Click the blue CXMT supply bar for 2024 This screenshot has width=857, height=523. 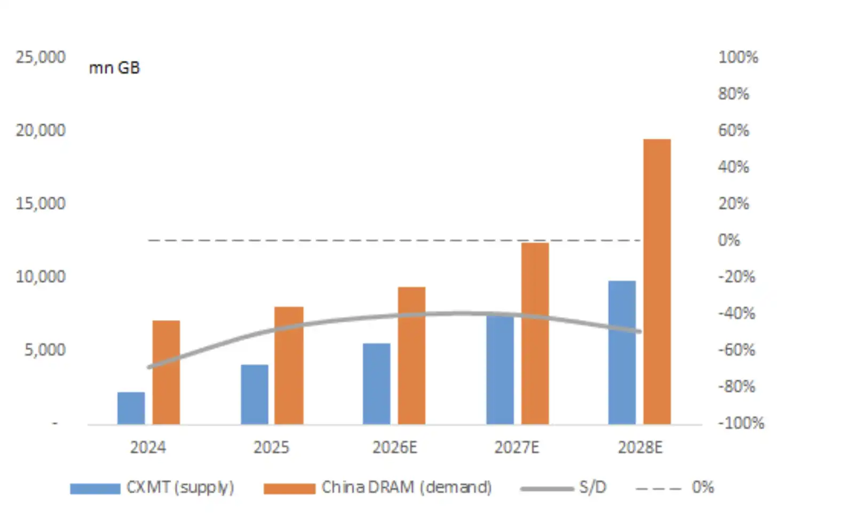(x=131, y=408)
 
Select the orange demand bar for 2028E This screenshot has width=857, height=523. (x=657, y=282)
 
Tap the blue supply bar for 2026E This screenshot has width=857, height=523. (x=376, y=384)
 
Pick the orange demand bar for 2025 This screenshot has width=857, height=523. (x=289, y=366)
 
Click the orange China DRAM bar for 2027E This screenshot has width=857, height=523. (x=535, y=334)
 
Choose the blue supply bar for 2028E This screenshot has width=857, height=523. (x=622, y=353)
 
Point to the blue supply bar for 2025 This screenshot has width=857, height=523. (x=255, y=394)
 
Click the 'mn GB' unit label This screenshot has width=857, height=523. (x=114, y=68)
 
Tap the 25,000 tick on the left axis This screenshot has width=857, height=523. (x=41, y=58)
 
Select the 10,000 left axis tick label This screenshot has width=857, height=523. (x=41, y=276)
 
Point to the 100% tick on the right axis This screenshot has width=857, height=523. (x=738, y=58)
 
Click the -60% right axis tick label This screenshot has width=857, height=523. (x=737, y=350)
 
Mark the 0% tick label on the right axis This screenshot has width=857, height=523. (x=729, y=240)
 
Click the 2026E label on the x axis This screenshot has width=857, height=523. (x=395, y=447)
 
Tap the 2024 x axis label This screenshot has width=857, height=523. (x=148, y=447)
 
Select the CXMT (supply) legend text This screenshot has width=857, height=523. (x=180, y=488)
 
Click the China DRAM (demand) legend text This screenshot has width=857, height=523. (x=407, y=488)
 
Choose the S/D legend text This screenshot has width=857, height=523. (x=593, y=487)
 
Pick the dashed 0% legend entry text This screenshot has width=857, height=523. (x=703, y=487)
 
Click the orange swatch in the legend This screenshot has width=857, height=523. (x=290, y=489)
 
